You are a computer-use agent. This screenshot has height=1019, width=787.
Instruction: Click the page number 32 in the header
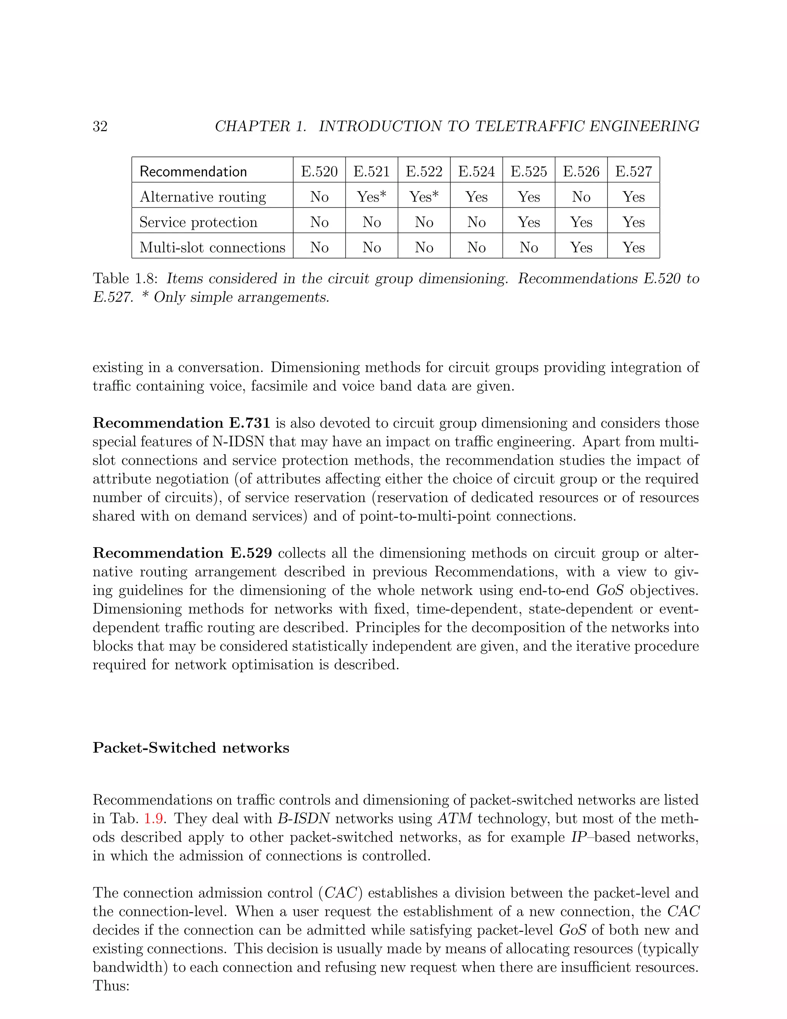click(x=100, y=127)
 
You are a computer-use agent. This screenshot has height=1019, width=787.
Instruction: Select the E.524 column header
click(x=476, y=171)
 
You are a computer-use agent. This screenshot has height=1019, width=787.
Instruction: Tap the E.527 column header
click(x=633, y=171)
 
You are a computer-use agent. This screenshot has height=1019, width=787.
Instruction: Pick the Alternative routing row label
click(x=203, y=197)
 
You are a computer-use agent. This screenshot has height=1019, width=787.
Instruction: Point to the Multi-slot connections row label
click(x=212, y=247)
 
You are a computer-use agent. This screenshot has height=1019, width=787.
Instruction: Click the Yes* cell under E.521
click(x=372, y=196)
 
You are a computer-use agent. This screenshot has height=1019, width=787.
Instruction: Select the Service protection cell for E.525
click(x=529, y=222)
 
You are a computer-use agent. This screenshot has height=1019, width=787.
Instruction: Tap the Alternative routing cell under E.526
click(x=581, y=197)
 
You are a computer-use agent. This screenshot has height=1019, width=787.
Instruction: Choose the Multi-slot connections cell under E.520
click(x=319, y=247)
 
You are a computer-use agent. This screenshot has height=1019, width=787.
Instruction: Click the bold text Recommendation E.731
click(x=181, y=423)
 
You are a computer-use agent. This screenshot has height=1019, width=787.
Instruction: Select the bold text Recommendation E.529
click(x=182, y=553)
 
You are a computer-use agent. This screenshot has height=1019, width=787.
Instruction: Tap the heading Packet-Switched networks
click(x=191, y=748)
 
